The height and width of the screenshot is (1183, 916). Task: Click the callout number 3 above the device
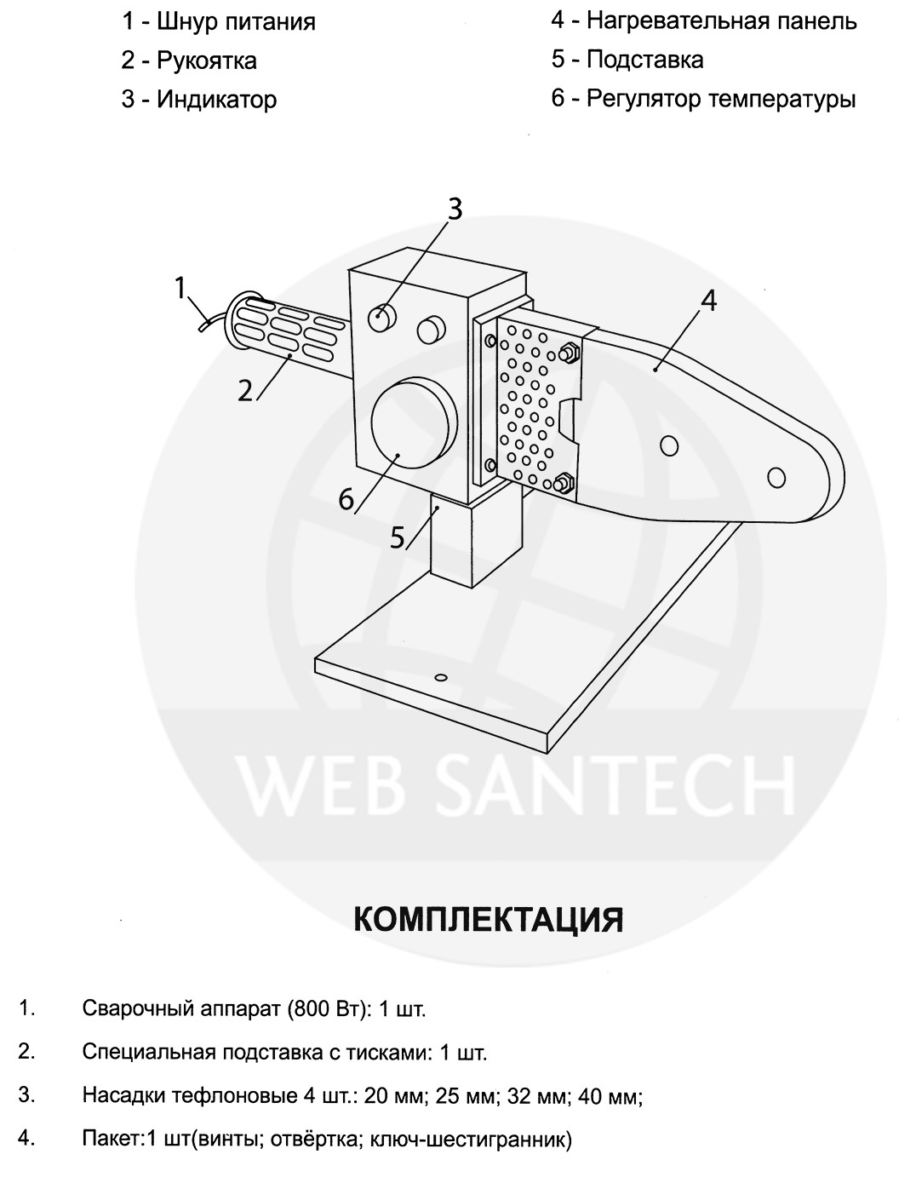click(455, 208)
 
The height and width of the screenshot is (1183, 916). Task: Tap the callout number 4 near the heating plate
click(707, 301)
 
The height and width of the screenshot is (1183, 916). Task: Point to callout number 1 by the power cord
click(180, 289)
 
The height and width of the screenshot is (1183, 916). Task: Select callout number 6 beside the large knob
click(346, 498)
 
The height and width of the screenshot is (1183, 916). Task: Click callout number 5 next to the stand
click(398, 537)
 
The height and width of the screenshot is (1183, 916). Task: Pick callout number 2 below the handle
click(245, 391)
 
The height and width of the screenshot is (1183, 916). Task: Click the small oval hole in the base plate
click(440, 677)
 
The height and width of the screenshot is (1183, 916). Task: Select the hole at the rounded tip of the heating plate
click(776, 477)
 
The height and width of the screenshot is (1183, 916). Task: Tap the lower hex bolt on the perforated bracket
click(562, 484)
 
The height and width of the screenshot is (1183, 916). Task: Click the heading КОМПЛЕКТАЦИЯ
click(488, 919)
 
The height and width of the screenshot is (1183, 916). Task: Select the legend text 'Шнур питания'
click(236, 21)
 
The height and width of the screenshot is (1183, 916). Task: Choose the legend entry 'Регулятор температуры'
click(720, 99)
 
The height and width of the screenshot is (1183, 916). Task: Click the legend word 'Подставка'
click(644, 60)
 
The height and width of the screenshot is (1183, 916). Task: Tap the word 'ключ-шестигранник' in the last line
click(482, 1139)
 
